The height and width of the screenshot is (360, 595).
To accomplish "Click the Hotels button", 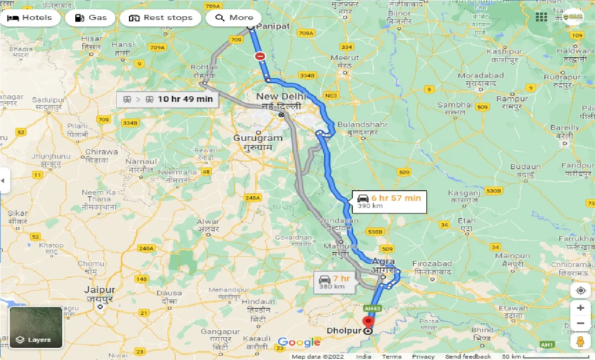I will (30, 18).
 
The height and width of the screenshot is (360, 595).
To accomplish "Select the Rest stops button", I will (161, 18).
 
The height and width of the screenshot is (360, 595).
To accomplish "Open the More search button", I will (234, 18).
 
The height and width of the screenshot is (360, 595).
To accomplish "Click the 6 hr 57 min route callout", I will (389, 201).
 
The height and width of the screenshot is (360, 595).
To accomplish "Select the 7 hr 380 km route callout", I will (335, 282).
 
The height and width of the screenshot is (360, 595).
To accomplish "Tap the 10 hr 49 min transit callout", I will (167, 99).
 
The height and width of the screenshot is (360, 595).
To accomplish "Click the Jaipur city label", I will (99, 290).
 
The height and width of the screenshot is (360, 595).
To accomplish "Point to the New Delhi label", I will (281, 96).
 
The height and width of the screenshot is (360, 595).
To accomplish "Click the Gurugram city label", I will (258, 138).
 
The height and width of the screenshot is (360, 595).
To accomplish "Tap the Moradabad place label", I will (481, 75).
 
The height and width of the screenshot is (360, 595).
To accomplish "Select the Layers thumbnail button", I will (36, 327).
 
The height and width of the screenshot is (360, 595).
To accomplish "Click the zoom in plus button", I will (580, 308).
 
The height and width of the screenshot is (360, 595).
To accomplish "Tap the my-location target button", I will (580, 291).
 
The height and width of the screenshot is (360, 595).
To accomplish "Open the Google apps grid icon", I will (541, 17).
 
